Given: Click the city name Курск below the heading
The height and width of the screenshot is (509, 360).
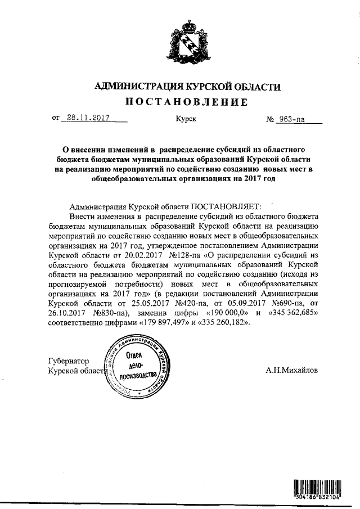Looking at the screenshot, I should pyautogui.click(x=185, y=119).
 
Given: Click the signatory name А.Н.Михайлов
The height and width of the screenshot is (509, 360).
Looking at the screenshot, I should pyautogui.click(x=291, y=371).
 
